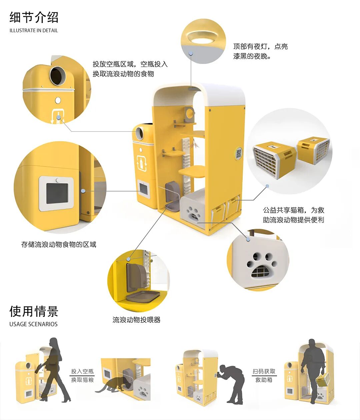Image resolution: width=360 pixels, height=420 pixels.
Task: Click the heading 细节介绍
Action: tap(34, 17)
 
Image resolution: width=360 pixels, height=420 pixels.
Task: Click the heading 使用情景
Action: tap(34, 311)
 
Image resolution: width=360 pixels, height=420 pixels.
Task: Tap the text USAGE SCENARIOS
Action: tap(33, 324)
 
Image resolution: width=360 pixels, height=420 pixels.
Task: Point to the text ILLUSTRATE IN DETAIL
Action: tap(34, 30)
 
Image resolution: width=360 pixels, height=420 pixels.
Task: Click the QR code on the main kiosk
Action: tap(239, 154)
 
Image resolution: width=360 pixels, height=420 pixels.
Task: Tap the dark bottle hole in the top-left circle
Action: tap(58, 76)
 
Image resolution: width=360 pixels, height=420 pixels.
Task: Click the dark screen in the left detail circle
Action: tap(57, 194)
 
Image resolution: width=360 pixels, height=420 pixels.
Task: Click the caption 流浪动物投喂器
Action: tap(136, 320)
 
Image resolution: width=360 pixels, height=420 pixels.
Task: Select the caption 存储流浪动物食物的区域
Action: tap(59, 244)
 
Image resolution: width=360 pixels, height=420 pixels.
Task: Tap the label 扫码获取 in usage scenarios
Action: tap(264, 371)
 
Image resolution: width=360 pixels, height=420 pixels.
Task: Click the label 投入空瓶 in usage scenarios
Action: tap(82, 371)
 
